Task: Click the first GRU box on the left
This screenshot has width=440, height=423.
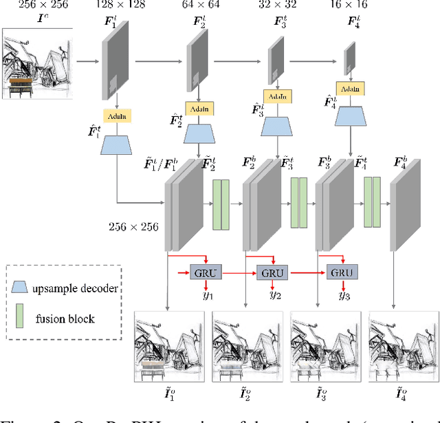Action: [203, 273]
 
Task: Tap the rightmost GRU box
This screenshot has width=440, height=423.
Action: [342, 273]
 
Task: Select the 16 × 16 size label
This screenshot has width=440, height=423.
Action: [357, 6]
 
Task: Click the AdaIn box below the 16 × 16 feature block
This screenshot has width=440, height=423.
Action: [349, 89]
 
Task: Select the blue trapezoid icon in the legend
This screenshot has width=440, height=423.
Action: [27, 289]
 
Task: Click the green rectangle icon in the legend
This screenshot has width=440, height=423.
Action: [27, 318]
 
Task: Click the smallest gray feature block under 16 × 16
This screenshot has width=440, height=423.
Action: [349, 58]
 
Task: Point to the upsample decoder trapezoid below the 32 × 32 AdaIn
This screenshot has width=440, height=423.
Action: [278, 126]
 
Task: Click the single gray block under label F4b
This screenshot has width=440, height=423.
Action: [404, 209]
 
